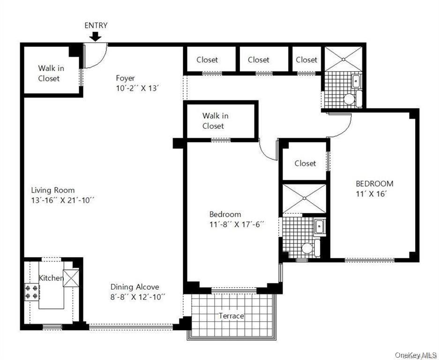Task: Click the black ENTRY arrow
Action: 95,36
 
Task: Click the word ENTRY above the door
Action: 96,25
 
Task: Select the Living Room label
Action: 53,190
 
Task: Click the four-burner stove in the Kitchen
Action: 32,292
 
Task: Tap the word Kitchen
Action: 51,278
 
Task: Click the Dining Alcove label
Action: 135,287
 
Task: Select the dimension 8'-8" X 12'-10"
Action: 138,297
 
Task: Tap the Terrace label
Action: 231,316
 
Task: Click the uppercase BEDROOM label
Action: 374,184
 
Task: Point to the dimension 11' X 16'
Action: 371,194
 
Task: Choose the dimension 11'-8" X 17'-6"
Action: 237,225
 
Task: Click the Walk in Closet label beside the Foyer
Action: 51,73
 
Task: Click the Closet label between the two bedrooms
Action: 305,163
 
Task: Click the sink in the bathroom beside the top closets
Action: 356,81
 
